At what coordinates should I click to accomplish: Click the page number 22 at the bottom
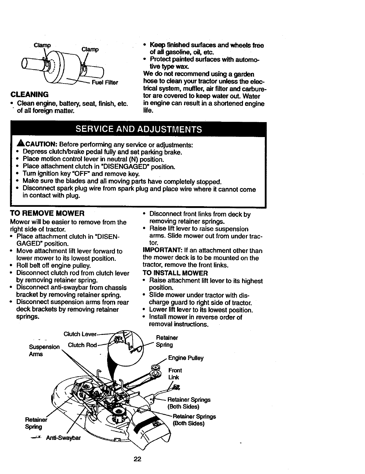click(x=137, y=459)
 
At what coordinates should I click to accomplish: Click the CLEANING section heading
click(x=29, y=95)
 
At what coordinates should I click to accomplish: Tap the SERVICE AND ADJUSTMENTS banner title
click(x=139, y=129)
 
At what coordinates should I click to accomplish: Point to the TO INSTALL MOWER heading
click(x=175, y=273)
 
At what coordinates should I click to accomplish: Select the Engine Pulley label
click(x=186, y=358)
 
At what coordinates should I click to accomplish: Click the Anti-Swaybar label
click(x=63, y=438)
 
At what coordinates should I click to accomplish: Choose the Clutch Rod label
click(x=82, y=345)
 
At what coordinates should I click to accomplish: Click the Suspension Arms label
click(x=44, y=350)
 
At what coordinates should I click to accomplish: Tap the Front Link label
click(x=175, y=374)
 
